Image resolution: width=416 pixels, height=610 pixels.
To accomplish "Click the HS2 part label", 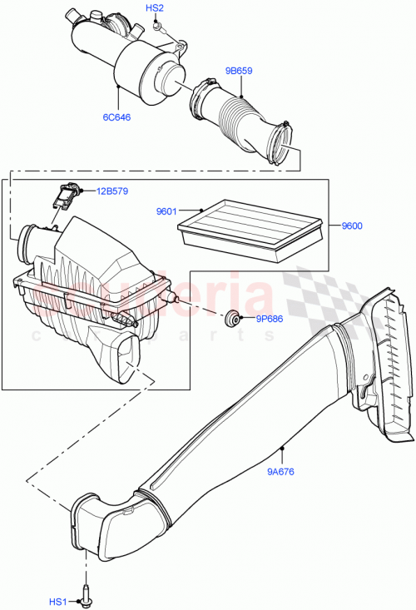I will click(x=155, y=7).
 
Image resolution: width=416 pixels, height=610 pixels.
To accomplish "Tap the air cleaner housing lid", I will click(x=96, y=250).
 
